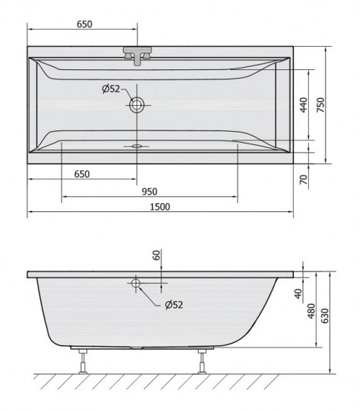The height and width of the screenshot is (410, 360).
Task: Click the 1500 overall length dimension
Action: tap(160, 207)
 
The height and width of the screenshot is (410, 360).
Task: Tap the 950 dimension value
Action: tap(150, 192)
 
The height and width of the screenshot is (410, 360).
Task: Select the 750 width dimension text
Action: tap(320, 105)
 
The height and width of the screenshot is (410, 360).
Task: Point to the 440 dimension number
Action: tap(304, 105)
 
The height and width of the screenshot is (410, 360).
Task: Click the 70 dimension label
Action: tap(304, 179)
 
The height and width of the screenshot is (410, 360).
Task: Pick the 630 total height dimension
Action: tap(325, 316)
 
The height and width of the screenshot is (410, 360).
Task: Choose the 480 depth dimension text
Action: tap(311, 311)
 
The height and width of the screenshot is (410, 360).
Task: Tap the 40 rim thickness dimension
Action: tap(298, 294)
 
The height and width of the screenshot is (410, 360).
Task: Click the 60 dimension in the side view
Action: tap(156, 255)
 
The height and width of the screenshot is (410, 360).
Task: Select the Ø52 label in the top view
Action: tap(111, 89)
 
